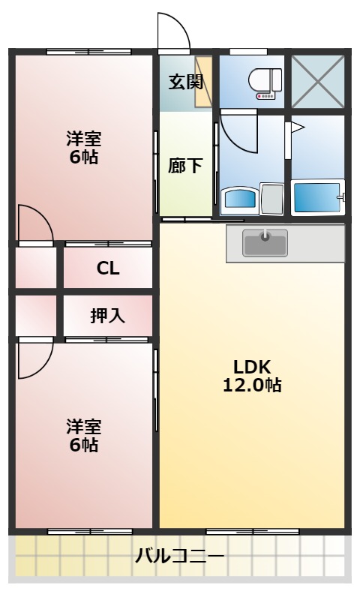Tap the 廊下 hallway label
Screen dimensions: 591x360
[184, 166]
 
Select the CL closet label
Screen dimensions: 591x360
[108, 268]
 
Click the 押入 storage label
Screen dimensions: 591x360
[108, 316]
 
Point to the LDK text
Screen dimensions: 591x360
[251, 367]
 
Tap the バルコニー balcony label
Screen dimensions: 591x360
[179, 556]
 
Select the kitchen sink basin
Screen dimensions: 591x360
[265, 241]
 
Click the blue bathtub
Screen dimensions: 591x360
[315, 197]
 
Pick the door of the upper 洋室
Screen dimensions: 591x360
[35, 224]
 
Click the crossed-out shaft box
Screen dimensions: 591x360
[317, 81]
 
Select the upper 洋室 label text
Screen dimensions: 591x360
[83, 148]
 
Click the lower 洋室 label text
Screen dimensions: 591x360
[83, 435]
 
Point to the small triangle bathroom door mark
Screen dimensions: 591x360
[296, 128]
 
